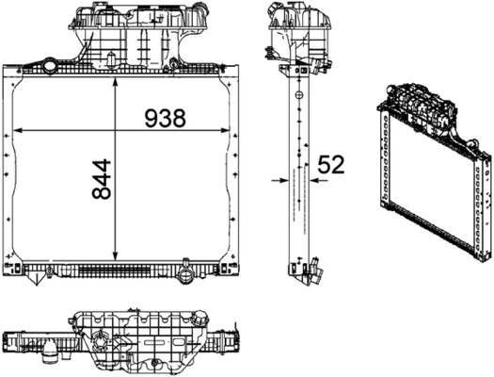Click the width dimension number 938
165,118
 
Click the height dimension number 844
103,178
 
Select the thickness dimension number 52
328,164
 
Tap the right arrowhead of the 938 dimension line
229,128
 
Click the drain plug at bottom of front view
185,276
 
